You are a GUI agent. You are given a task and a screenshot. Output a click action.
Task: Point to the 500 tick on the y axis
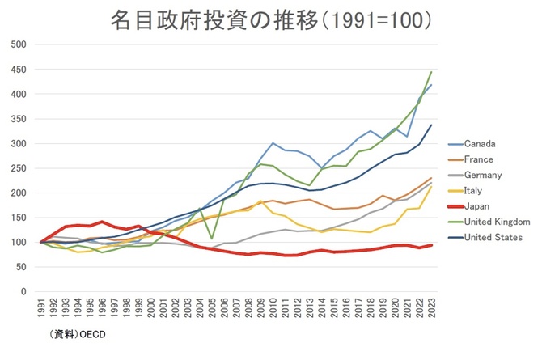(x=17, y=44)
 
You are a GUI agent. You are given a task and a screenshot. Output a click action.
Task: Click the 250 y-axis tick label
(x=17, y=168)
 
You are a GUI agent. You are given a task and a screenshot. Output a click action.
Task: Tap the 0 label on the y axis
(x=23, y=291)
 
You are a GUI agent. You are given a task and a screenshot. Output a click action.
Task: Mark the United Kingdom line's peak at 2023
(x=430, y=72)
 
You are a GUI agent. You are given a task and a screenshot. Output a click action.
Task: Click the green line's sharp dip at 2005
(x=212, y=239)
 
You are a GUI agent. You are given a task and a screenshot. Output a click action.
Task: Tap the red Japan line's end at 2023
(x=430, y=244)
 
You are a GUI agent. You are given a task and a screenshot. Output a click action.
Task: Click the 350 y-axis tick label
(x=17, y=119)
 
